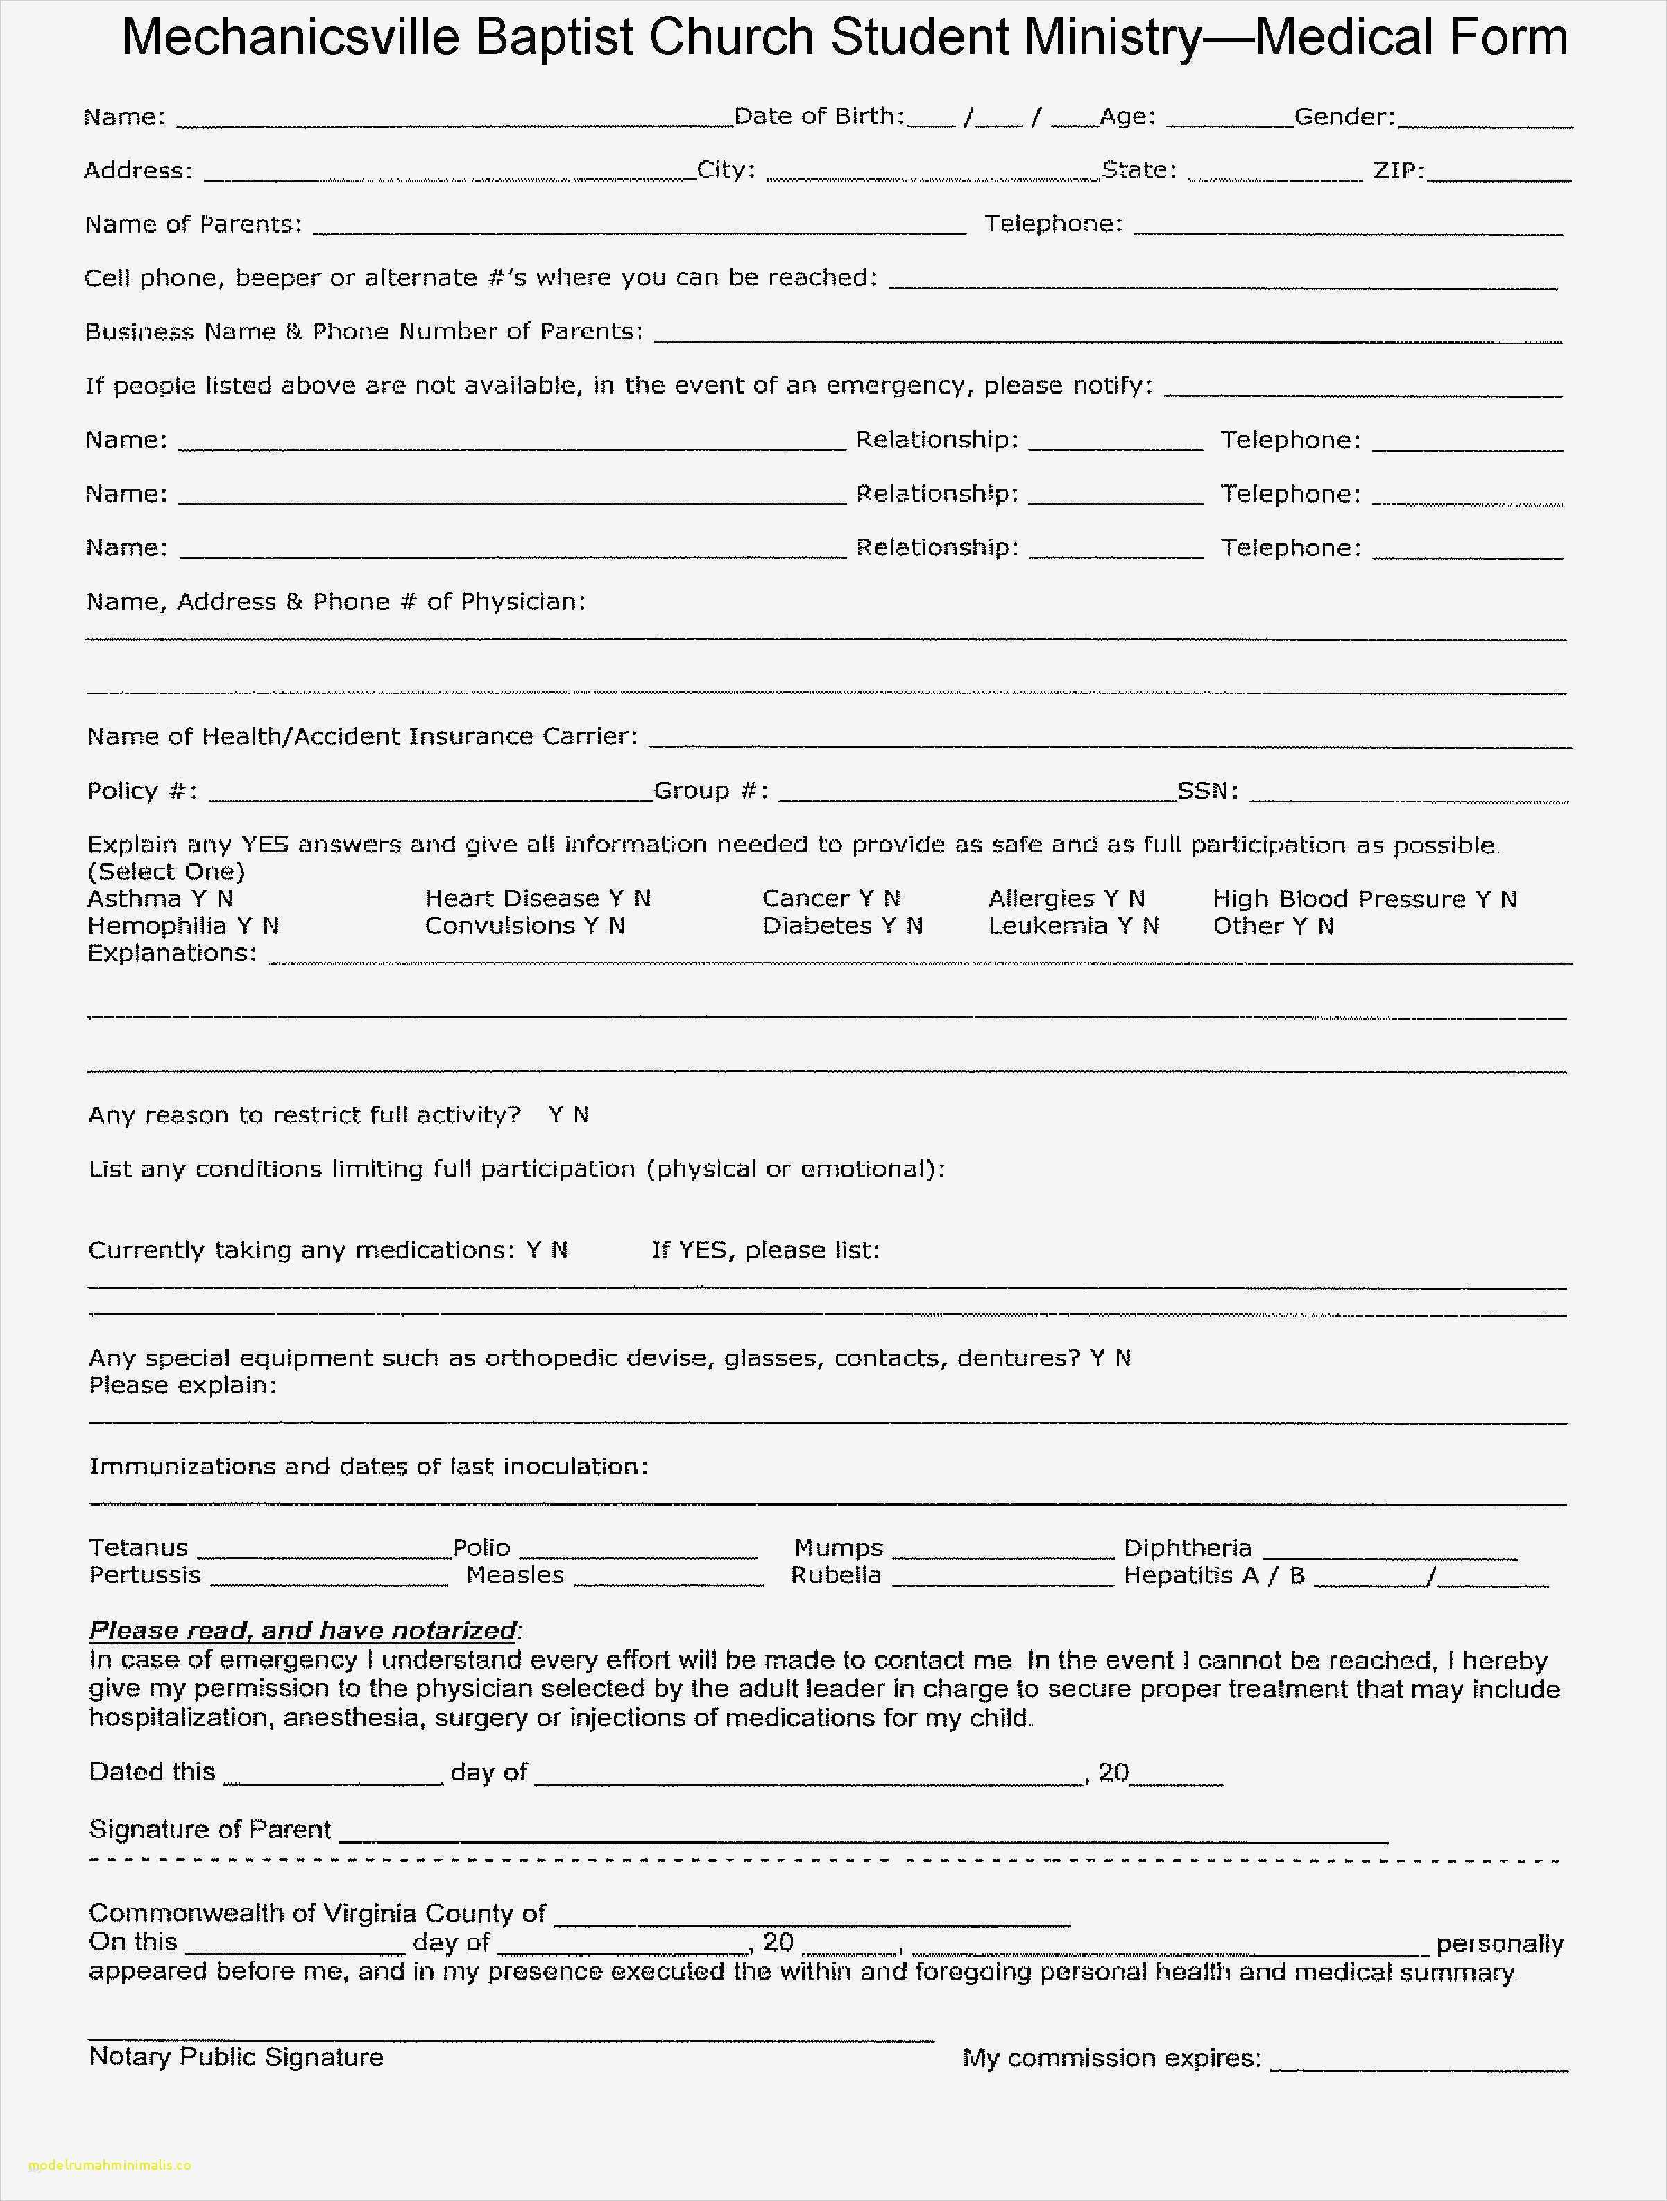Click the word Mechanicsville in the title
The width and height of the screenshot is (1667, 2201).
[x=291, y=37]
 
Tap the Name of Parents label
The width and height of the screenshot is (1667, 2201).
[x=193, y=224]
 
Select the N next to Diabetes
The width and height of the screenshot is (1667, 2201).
[x=914, y=925]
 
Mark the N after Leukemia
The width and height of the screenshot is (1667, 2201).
[x=1151, y=925]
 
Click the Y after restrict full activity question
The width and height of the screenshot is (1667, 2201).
[x=555, y=1115]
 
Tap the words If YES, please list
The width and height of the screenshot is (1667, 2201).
[x=765, y=1250]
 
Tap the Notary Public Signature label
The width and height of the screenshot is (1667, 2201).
[x=236, y=2057]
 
